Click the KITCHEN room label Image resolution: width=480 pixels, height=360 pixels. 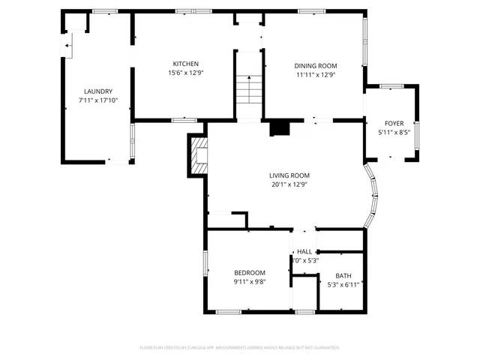click(185, 64)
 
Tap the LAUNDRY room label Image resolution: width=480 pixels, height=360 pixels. click(97, 91)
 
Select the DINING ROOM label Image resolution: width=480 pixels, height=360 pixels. click(315, 65)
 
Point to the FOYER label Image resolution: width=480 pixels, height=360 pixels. click(394, 123)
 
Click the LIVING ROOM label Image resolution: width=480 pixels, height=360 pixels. click(289, 175)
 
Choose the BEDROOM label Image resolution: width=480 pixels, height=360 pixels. click(249, 272)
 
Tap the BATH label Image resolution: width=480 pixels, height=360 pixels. click(343, 275)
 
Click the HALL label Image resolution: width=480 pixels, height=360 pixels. click(304, 251)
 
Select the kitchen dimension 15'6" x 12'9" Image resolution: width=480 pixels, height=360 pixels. click(185, 73)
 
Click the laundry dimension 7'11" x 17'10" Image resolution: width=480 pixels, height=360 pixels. click(97, 100)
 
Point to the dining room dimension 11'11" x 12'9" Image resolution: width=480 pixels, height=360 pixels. click(315, 74)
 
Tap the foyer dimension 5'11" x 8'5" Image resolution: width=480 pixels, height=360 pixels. click(394, 133)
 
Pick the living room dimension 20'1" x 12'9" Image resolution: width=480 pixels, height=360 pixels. click(289, 184)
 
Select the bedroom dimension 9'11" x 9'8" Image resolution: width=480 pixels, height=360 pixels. click(249, 281)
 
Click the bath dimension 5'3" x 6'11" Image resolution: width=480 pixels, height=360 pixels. click(343, 284)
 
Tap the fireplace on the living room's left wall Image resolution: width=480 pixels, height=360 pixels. click(198, 154)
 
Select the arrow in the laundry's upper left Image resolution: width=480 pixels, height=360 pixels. click(67, 46)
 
